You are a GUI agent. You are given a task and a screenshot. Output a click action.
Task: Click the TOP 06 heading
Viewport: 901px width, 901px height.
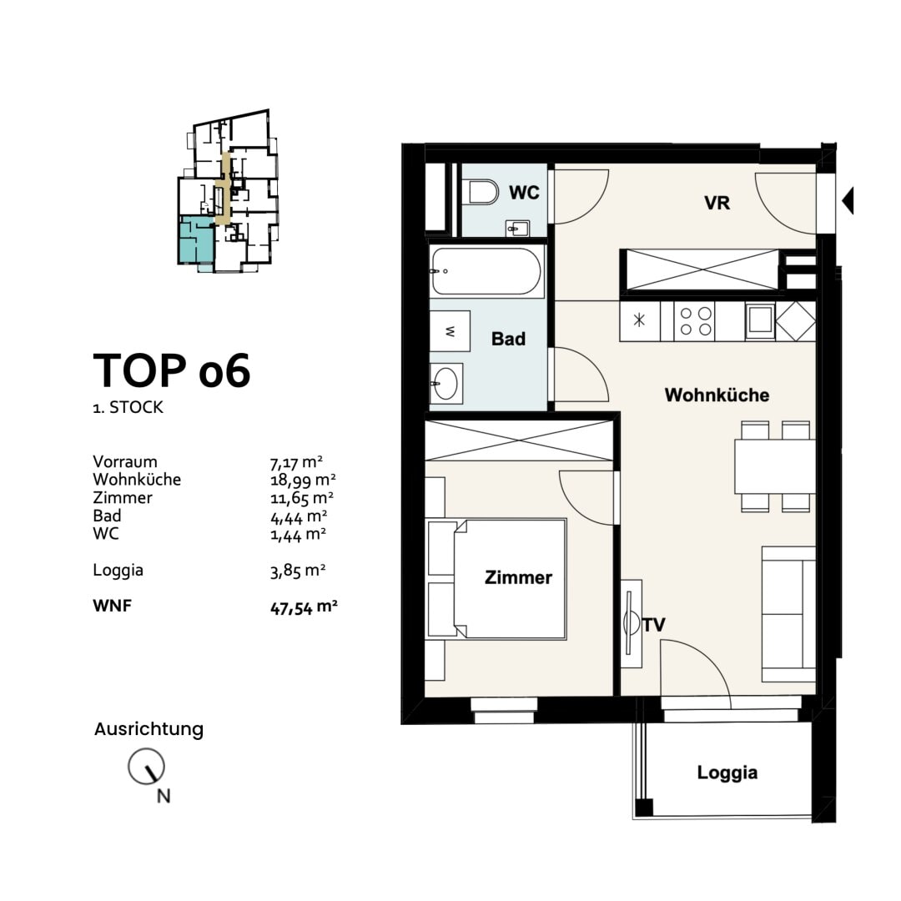[x=171, y=371]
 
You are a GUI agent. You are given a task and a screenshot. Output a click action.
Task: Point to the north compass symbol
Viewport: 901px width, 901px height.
[x=146, y=767]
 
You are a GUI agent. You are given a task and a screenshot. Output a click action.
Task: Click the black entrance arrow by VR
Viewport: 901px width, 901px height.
[x=847, y=200]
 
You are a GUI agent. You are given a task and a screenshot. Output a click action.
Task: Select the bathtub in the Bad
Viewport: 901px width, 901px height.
[x=486, y=271]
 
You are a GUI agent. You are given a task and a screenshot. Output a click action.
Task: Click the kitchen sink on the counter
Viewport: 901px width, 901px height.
[x=759, y=321]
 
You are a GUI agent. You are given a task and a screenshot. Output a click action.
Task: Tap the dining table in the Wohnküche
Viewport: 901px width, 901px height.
[x=774, y=466]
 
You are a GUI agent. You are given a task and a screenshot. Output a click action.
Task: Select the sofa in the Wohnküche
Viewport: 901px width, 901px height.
[x=788, y=613]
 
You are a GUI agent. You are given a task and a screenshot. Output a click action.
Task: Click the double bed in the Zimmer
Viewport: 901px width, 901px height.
[x=496, y=578]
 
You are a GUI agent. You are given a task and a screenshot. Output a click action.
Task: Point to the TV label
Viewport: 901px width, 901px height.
[x=654, y=624]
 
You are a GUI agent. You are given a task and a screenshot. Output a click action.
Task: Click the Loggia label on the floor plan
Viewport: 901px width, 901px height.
[x=727, y=773]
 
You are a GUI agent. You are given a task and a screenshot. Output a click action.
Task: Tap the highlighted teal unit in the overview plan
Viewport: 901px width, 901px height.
[x=194, y=239]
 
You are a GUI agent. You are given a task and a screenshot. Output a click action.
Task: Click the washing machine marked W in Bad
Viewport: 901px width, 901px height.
[x=450, y=331]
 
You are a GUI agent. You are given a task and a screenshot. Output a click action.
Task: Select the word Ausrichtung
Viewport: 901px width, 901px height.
[x=148, y=729]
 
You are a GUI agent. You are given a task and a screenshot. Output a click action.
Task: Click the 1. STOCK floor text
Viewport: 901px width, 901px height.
[x=128, y=409]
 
